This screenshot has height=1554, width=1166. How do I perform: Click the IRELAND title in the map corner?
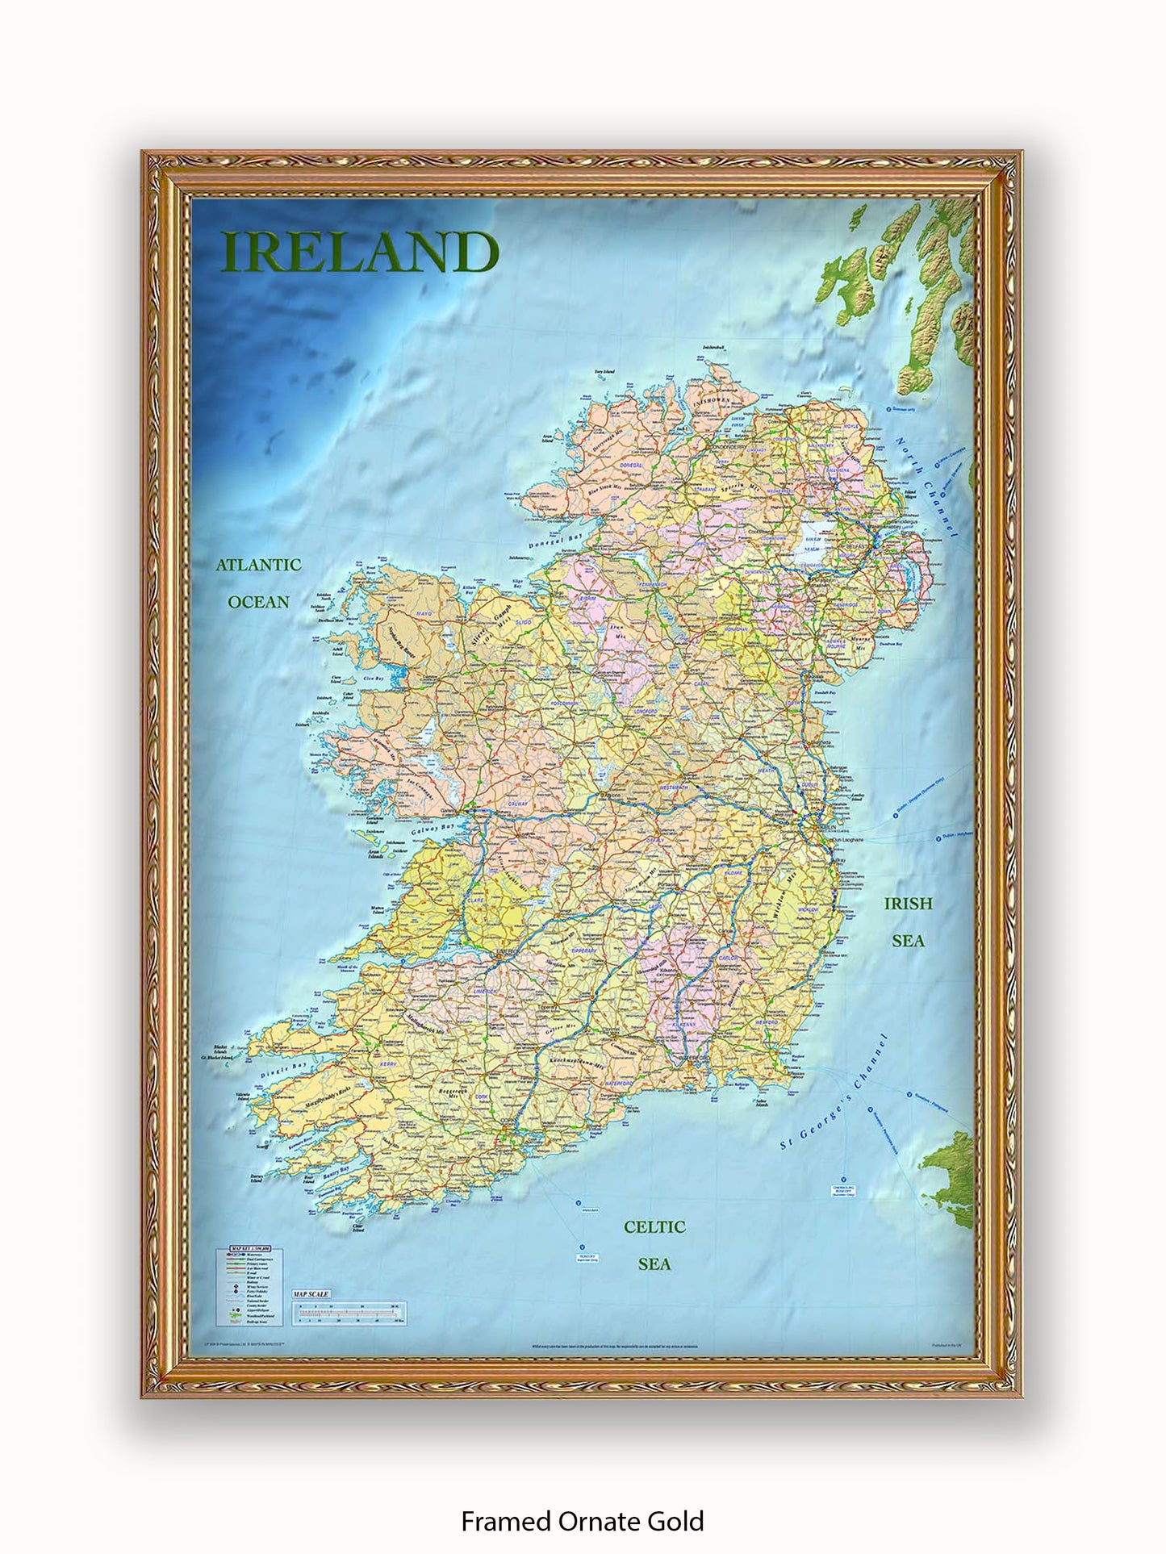click(x=360, y=252)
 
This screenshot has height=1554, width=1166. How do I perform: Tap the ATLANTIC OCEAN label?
click(x=258, y=583)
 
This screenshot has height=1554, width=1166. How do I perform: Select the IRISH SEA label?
click(x=908, y=921)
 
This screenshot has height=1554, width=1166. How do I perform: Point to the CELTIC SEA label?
click(x=654, y=1244)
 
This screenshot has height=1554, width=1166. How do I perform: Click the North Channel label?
click(x=926, y=488)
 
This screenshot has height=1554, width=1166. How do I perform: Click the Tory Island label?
click(x=604, y=372)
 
